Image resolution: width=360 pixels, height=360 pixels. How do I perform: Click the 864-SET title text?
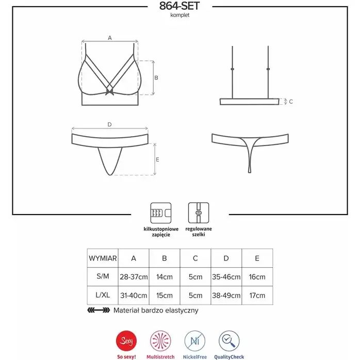coord(179,6)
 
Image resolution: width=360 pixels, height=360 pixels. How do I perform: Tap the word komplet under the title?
coord(180,15)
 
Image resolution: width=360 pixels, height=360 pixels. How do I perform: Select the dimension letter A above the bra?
coord(110,38)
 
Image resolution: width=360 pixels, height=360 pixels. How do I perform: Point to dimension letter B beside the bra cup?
coord(156,78)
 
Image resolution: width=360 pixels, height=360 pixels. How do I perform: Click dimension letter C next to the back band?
coord(291,102)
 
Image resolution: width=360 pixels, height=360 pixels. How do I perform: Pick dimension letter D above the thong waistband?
coord(109,124)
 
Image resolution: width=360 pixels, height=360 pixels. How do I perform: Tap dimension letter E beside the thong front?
coord(157,159)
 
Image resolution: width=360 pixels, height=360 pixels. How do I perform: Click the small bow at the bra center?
coord(109,92)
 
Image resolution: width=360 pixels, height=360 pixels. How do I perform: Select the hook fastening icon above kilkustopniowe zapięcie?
coord(161,213)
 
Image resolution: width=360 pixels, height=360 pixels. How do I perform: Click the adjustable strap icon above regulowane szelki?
coord(199,213)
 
